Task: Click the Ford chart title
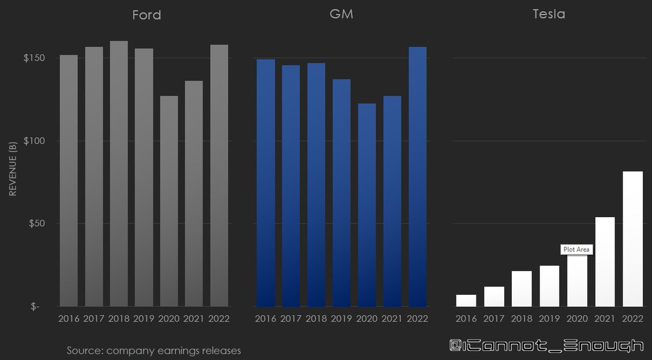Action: click(146, 15)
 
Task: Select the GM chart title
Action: click(341, 14)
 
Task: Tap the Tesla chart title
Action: click(549, 14)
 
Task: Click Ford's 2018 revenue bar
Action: click(119, 174)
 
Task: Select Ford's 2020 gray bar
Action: click(169, 201)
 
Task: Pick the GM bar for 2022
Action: click(417, 176)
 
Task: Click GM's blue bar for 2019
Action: click(341, 193)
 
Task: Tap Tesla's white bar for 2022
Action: click(632, 239)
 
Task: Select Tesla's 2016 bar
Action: click(466, 301)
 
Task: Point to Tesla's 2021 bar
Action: click(605, 262)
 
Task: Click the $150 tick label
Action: click(34, 58)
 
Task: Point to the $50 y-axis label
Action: click(37, 223)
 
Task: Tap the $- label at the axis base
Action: click(35, 306)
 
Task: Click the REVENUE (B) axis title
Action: click(13, 169)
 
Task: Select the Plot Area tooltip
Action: click(576, 249)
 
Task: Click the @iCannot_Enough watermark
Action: click(547, 346)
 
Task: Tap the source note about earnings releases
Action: click(154, 350)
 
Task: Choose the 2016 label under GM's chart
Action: click(266, 319)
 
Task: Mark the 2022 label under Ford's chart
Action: click(219, 319)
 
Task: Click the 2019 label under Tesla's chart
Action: click(549, 319)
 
